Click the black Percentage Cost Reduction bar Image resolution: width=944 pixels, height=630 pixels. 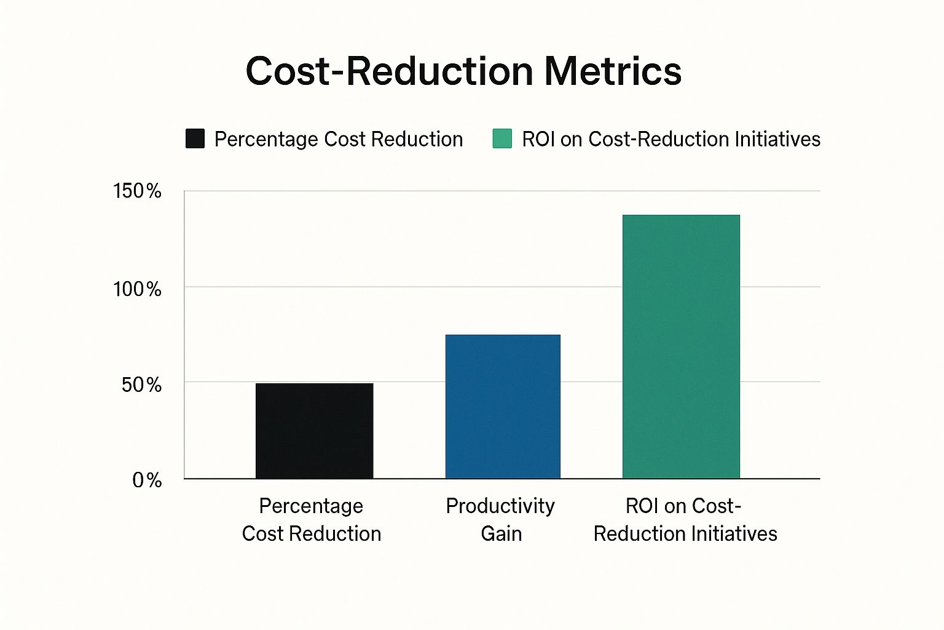(315, 431)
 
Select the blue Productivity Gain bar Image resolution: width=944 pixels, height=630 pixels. (503, 406)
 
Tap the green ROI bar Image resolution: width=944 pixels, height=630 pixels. (681, 347)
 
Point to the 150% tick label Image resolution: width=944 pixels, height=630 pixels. (137, 191)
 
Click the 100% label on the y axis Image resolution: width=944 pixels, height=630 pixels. (137, 290)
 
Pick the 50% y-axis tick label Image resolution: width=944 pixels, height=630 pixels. (141, 385)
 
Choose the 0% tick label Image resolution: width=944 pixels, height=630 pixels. (147, 480)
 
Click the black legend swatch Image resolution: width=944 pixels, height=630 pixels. (195, 138)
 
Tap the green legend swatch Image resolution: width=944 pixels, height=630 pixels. (502, 138)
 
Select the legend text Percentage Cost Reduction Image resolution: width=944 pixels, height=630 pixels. (339, 139)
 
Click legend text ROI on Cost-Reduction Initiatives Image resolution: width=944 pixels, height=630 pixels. (671, 139)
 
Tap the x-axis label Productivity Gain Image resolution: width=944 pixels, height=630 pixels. (501, 520)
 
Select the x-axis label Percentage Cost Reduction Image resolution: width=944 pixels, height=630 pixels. (312, 520)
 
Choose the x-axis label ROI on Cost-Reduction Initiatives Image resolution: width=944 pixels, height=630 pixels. (685, 520)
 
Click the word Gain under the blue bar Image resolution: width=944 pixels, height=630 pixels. (501, 534)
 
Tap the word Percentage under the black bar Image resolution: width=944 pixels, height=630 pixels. (311, 506)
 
